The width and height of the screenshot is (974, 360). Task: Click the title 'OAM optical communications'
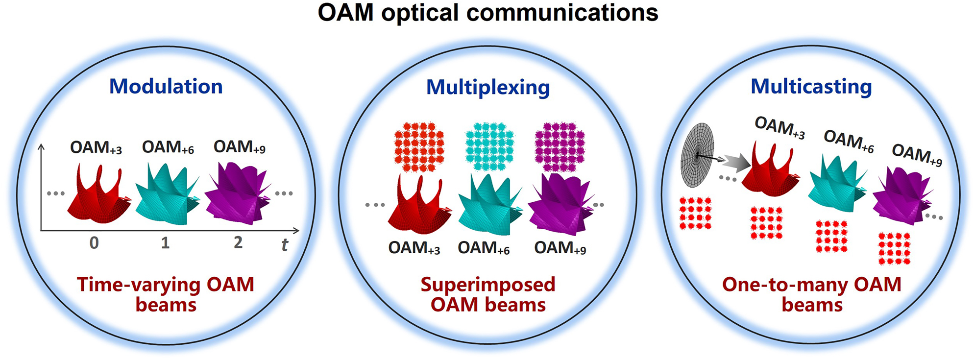tap(487, 13)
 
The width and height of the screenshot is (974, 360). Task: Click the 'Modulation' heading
tap(166, 87)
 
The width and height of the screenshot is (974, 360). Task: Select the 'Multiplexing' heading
tap(487, 88)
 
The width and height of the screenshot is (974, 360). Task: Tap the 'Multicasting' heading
tap(811, 87)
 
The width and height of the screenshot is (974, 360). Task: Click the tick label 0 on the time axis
tap(94, 243)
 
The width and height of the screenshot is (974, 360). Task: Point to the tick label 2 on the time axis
tap(238, 242)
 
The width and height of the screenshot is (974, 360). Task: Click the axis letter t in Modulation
tap(285, 244)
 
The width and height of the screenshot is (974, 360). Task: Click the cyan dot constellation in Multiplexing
tap(489, 146)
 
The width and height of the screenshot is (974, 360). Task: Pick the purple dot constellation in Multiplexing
tap(560, 146)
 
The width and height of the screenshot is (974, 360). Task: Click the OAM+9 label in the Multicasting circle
tap(917, 155)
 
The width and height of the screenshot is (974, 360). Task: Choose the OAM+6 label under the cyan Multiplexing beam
tap(484, 248)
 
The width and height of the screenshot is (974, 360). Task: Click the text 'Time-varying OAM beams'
tap(166, 294)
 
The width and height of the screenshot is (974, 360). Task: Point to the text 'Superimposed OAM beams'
tap(487, 294)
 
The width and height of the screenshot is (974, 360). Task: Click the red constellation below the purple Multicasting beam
tap(894, 249)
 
